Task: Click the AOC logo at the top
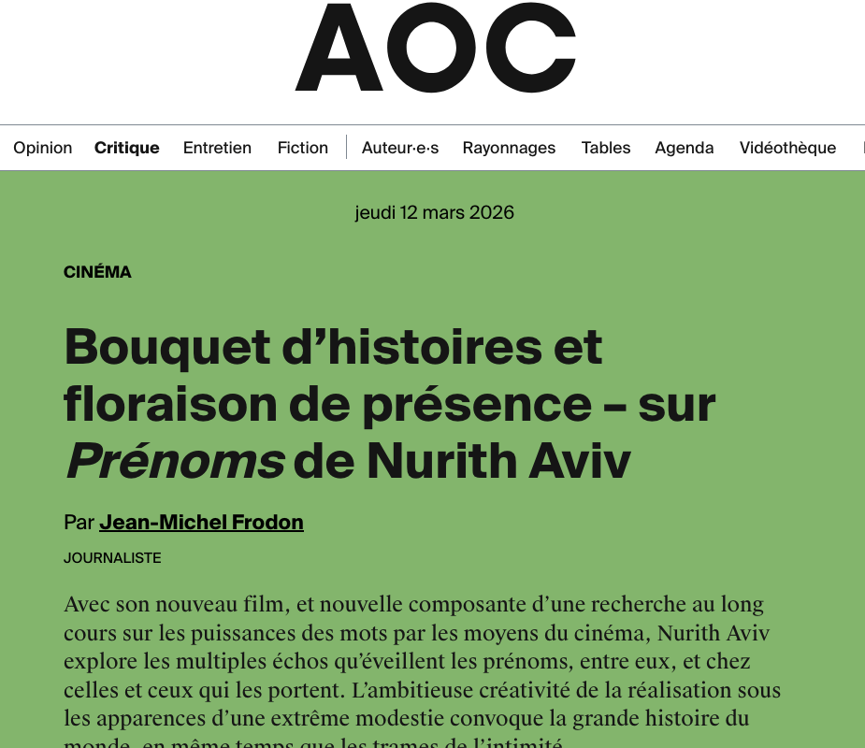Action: (x=435, y=49)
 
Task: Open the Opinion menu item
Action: (x=43, y=148)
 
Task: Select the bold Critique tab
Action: (x=127, y=148)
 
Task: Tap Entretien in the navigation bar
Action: (x=217, y=148)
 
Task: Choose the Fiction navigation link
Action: (x=303, y=148)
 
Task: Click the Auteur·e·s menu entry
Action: (x=400, y=148)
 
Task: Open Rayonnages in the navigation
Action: (x=509, y=148)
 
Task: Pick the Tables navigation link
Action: (x=606, y=148)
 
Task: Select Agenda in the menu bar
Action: (x=685, y=148)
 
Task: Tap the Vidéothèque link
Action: (x=787, y=148)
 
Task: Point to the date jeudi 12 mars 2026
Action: (x=435, y=212)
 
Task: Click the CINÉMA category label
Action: (x=97, y=272)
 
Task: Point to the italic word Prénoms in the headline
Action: (x=175, y=461)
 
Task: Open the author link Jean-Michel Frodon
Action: (x=201, y=522)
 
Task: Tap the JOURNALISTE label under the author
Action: (x=112, y=558)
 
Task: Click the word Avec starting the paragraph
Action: (x=86, y=605)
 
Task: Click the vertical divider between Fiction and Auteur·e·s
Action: (x=346, y=148)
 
